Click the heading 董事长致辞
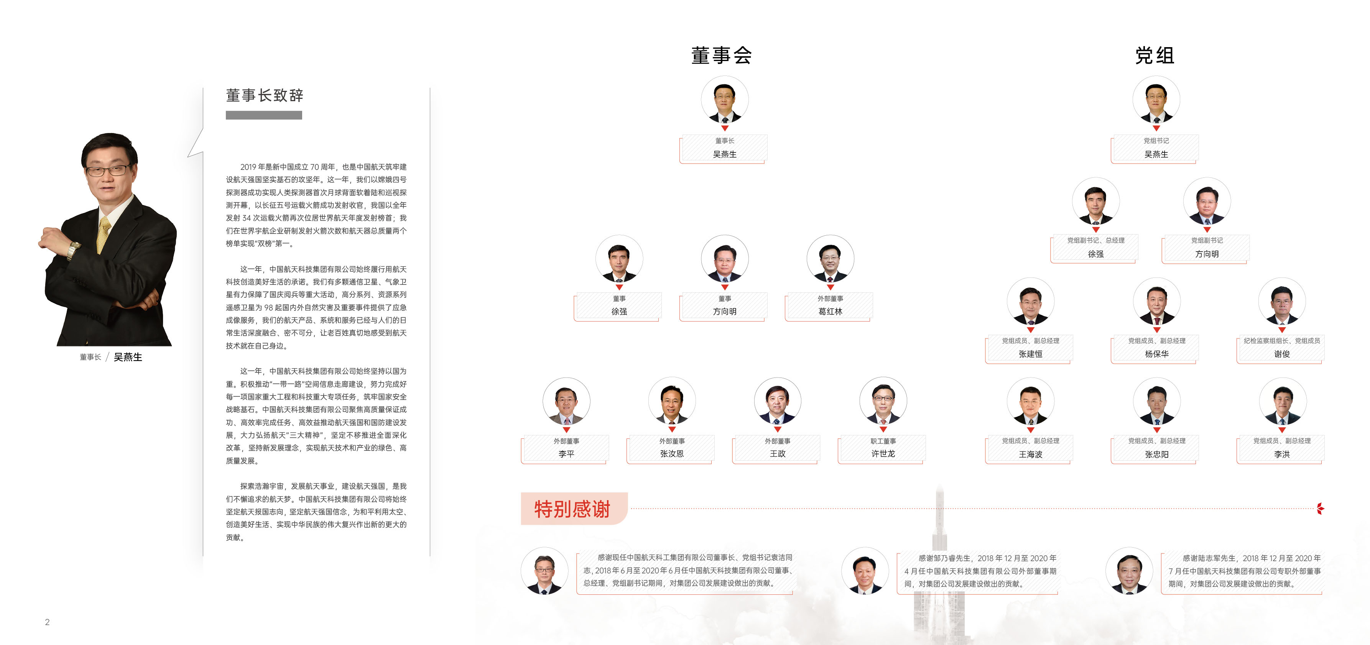click(x=264, y=96)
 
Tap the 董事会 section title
click(x=721, y=55)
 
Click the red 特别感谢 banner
click(x=573, y=509)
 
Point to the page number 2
click(x=47, y=622)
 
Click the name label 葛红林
click(x=830, y=312)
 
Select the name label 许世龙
click(x=883, y=454)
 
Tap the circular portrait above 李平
click(x=566, y=402)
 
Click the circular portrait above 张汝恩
click(x=672, y=402)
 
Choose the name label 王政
click(x=778, y=454)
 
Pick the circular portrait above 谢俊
click(x=1282, y=302)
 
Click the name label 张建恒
click(x=1030, y=354)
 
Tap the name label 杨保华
click(x=1157, y=354)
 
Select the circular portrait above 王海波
click(x=1030, y=402)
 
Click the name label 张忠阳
click(x=1157, y=454)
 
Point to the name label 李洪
click(x=1282, y=454)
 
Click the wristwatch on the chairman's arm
click(x=73, y=248)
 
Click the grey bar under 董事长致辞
click(x=264, y=115)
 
